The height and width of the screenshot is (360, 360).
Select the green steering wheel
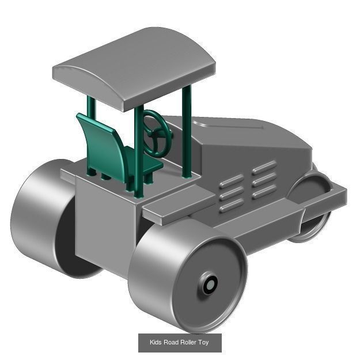[156, 134]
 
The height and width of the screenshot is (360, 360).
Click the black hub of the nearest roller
[210, 285]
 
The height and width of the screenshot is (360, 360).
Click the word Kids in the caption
[156, 343]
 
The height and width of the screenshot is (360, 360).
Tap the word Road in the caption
[171, 343]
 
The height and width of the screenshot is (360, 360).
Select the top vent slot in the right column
[264, 168]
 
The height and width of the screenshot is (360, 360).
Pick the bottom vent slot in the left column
[231, 205]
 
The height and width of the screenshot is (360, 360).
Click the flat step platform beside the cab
[173, 202]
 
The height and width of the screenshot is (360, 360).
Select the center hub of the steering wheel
[157, 132]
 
